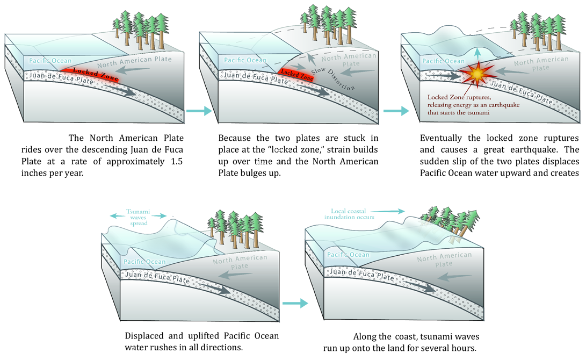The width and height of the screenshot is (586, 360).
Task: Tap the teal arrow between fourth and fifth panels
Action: (x=296, y=304)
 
